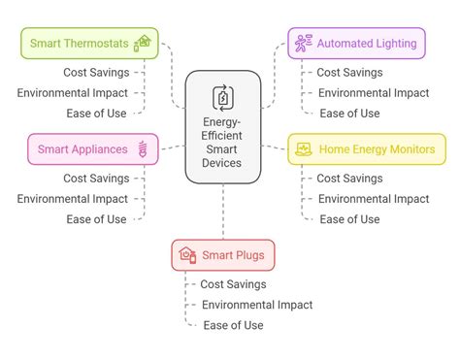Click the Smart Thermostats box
pos(85,43)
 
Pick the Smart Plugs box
pos(222,255)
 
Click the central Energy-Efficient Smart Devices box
pos(222,127)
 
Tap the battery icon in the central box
pos(222,97)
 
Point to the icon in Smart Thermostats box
pos(143,42)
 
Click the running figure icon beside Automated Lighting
pos(304,43)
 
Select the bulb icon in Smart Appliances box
pos(145,148)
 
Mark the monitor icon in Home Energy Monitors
pos(304,148)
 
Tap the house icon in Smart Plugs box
pos(187,255)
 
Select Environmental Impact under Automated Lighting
pos(373,93)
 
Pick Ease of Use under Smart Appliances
pos(96,219)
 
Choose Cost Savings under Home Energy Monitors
pos(349,179)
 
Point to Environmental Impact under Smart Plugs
pos(257,305)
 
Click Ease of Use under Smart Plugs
pos(233,325)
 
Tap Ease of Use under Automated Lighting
pos(349,114)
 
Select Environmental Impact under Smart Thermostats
pos(72,93)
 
